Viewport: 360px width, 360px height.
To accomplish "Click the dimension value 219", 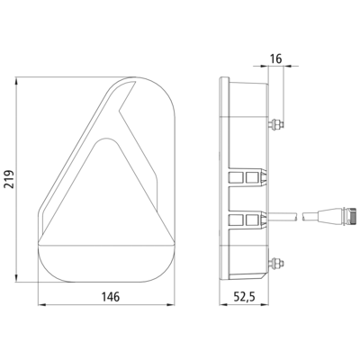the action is coord(10,179).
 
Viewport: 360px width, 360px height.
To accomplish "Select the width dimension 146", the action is coord(111,297).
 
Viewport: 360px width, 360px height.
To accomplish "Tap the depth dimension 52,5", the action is coord(244,297).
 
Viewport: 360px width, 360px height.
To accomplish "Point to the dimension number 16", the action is coord(275,58).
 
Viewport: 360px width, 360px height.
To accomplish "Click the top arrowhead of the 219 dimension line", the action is coord(16,82).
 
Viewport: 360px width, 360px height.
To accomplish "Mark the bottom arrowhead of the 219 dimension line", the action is coord(16,277).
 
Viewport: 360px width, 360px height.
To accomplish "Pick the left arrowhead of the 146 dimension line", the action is coord(42,305).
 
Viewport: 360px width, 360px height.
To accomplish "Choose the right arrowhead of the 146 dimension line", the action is coord(170,305).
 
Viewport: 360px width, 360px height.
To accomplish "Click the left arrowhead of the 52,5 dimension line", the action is coord(223,305).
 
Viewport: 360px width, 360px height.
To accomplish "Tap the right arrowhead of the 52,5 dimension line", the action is coord(264,305).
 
